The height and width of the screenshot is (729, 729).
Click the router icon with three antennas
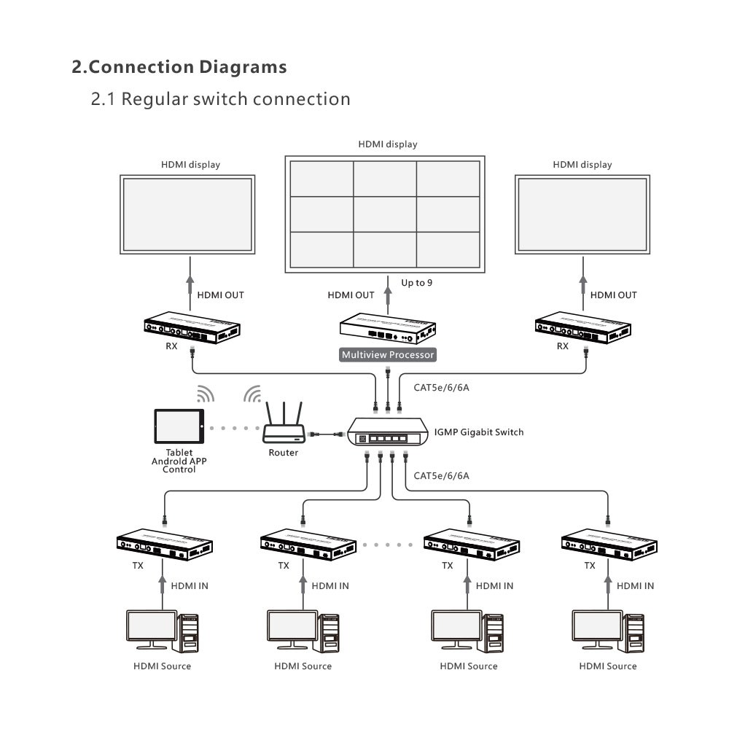[x=283, y=426]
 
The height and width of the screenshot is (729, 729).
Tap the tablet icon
[x=178, y=426]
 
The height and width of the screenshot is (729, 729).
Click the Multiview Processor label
[x=388, y=355]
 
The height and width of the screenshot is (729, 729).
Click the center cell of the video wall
[x=385, y=214]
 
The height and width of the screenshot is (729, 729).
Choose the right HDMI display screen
[x=582, y=215]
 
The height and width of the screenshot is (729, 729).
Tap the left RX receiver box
[x=192, y=326]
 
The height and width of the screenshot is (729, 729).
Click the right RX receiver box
[x=582, y=326]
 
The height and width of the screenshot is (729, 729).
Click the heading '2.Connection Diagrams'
[x=179, y=67]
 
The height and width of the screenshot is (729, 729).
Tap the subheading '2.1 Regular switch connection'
[x=220, y=98]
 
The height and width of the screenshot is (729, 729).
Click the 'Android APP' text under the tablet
[x=179, y=461]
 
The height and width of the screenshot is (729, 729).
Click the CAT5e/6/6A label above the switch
[x=441, y=387]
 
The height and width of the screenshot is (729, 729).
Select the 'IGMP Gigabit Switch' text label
[x=478, y=432]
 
